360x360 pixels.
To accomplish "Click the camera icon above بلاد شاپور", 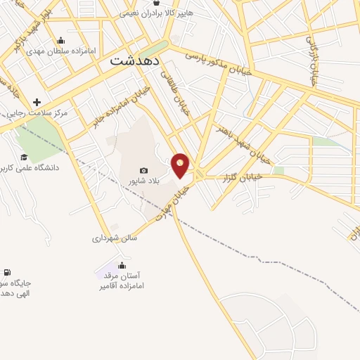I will [144, 170].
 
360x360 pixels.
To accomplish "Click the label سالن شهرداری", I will [114, 238].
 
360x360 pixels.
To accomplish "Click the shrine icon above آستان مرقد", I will [122, 265].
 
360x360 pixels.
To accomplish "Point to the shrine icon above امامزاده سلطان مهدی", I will [61, 40].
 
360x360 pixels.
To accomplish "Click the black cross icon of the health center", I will [37, 102].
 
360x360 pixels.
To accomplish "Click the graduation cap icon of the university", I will [24, 157].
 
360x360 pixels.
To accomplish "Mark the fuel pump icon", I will [7, 272].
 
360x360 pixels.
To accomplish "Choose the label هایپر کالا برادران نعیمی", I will [166, 13].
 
